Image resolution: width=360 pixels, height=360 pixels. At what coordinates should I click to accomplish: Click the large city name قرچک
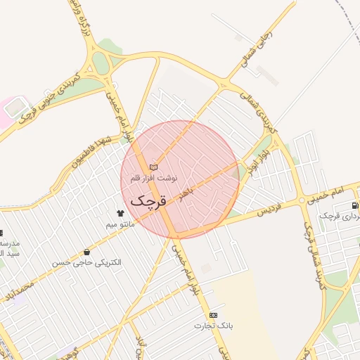pos(148,201)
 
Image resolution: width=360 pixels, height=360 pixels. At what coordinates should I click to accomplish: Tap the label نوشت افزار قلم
pos(155,179)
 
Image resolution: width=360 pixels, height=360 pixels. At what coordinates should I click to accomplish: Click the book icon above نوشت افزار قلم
pos(154,167)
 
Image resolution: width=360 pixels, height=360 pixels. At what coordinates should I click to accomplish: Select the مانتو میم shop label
pos(120,224)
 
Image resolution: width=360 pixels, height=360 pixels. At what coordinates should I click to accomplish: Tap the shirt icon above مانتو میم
pos(120,212)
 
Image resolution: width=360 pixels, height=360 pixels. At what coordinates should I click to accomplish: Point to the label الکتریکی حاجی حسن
pos(86,262)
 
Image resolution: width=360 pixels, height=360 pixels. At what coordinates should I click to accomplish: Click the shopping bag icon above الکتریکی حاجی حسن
pos(86,251)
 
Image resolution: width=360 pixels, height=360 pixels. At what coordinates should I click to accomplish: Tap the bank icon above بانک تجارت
pos(214,315)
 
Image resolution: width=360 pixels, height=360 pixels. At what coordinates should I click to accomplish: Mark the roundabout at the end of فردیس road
pos(304,200)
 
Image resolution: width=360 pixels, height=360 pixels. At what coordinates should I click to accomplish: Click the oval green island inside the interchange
pos(101,63)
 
